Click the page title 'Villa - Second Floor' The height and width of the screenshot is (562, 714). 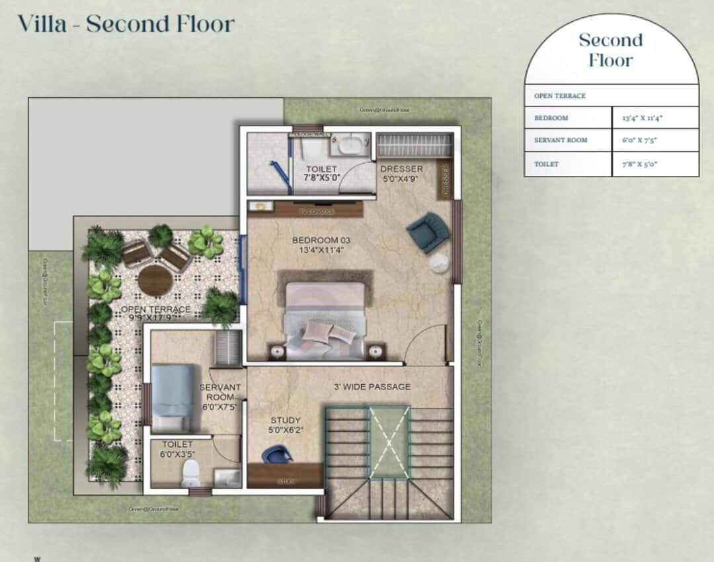point(126,24)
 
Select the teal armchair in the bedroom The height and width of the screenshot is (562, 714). point(426,231)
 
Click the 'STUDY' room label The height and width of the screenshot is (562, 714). point(286,421)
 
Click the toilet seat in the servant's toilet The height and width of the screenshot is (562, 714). point(190,471)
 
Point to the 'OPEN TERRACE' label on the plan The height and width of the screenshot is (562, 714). point(155,309)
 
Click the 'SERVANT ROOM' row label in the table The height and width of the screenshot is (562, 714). point(561,140)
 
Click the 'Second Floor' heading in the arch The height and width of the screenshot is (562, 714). point(610,50)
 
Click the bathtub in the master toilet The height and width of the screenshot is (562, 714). point(350,143)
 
